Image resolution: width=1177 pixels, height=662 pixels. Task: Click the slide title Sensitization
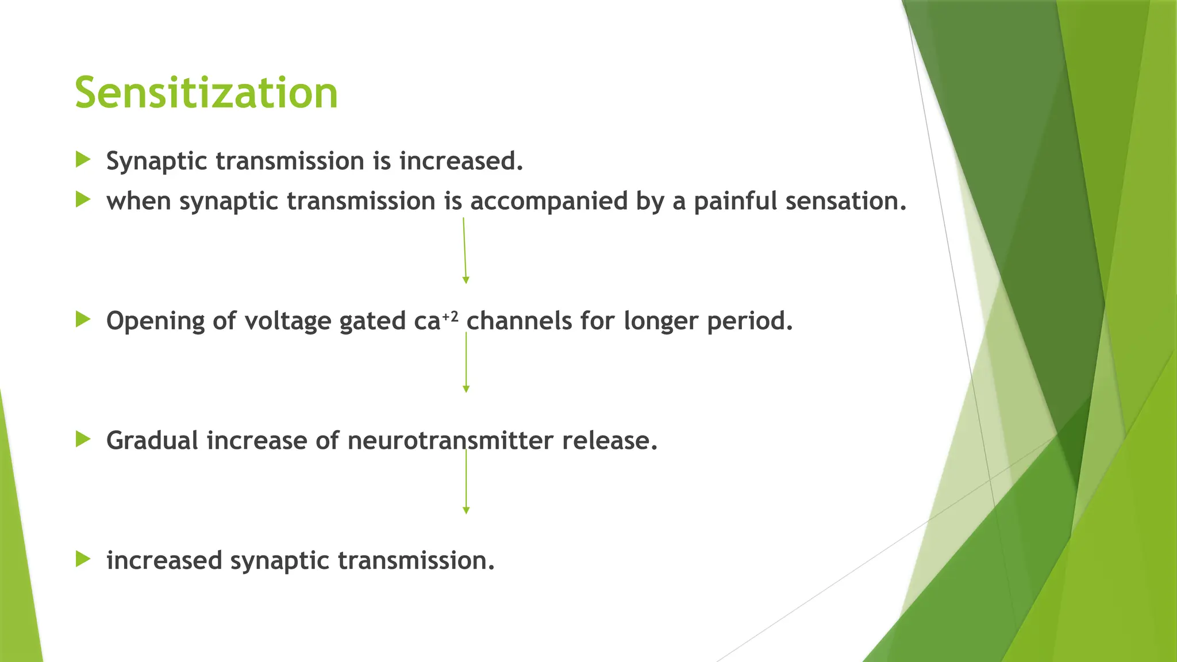206,93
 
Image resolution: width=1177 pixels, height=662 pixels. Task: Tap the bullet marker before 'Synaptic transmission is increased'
83,160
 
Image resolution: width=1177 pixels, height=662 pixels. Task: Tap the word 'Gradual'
152,441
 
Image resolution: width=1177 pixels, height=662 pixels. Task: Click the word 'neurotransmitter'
451,441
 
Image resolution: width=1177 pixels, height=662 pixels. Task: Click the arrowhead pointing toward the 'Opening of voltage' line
466,280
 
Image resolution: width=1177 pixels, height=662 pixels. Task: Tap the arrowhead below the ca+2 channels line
466,389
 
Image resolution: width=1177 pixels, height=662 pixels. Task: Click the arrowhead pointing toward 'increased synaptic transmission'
466,510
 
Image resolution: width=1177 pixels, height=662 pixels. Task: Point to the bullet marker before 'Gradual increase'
83,440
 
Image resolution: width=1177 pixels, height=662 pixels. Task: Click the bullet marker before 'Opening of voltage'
83,320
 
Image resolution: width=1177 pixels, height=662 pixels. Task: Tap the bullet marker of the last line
83,559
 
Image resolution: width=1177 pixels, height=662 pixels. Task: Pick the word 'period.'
750,321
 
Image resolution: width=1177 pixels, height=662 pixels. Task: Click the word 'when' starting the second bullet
139,201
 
